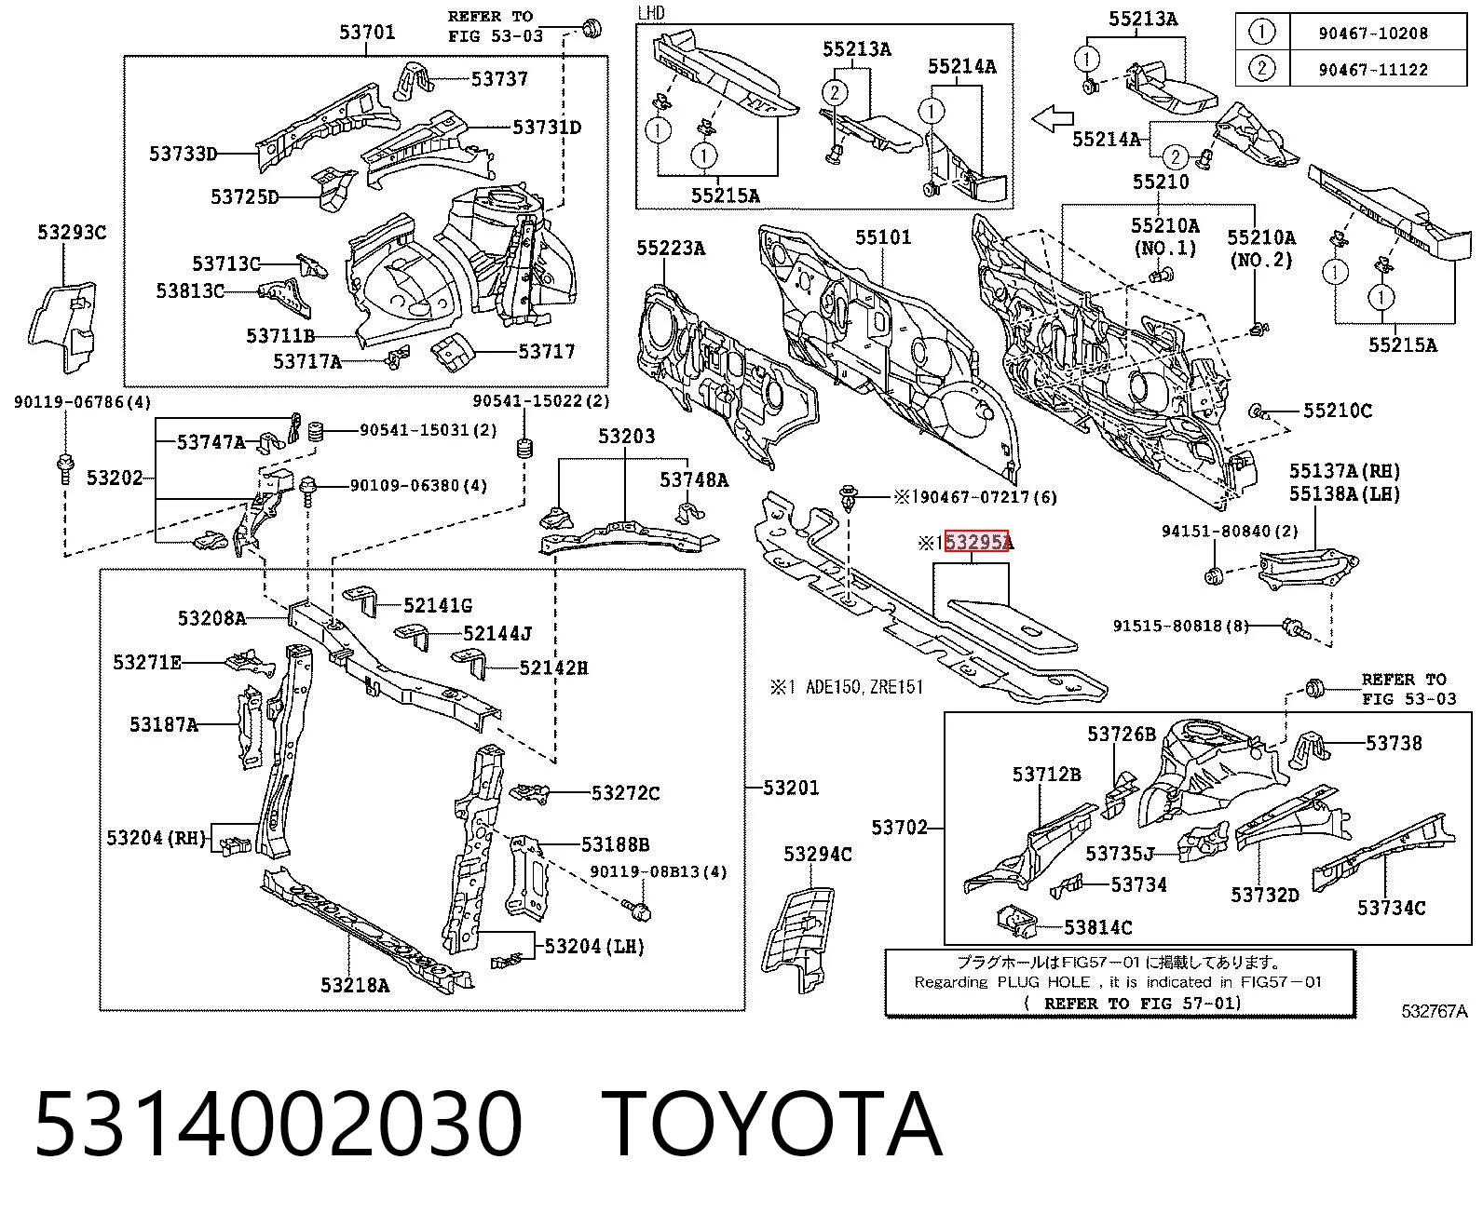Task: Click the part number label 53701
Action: coord(366,32)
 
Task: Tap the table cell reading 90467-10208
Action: coord(1373,34)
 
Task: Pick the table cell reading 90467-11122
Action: coord(1373,70)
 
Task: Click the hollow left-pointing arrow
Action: coord(1052,118)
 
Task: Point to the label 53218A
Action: coord(354,985)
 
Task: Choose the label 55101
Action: coord(883,237)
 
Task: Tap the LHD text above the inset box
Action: coord(651,13)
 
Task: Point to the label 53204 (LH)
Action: coord(594,947)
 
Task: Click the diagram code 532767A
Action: coord(1434,1011)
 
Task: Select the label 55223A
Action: coord(671,248)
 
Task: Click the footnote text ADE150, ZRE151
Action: coord(864,687)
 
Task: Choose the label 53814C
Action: coord(1097,927)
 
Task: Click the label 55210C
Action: coord(1338,411)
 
